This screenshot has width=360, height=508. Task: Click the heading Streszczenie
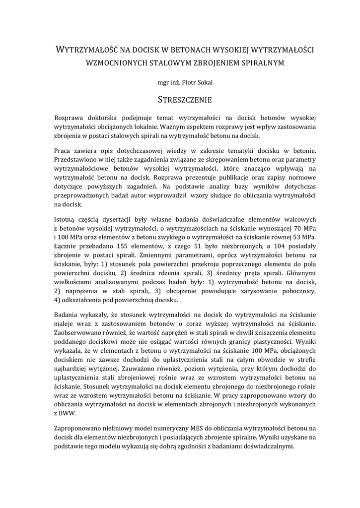[x=185, y=100]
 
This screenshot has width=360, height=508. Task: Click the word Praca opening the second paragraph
[x=63, y=150]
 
